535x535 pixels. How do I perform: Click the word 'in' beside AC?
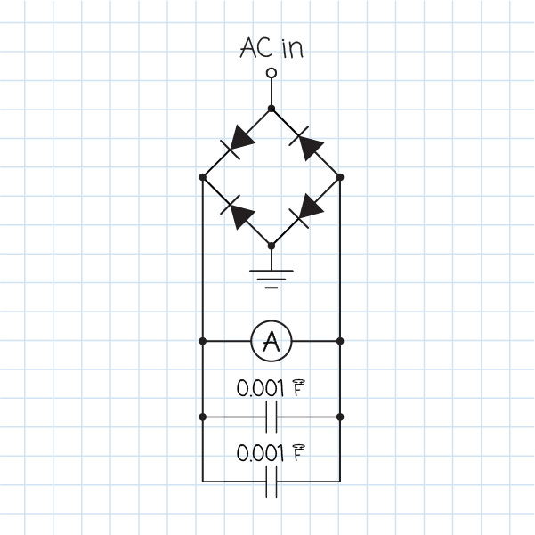point(293,48)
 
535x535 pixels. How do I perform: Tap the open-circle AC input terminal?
point(272,73)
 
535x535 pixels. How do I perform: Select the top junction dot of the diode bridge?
point(272,109)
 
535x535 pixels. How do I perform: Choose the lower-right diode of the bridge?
point(305,211)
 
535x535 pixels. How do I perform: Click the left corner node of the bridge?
point(203,177)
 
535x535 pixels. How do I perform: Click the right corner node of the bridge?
point(340,177)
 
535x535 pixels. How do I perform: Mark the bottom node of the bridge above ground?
point(272,244)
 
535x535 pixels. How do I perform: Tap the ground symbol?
point(272,278)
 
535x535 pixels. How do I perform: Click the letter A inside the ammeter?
point(272,340)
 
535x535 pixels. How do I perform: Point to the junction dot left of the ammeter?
point(203,341)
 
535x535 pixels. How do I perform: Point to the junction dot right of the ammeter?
point(340,341)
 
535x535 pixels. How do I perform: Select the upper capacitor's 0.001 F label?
point(272,389)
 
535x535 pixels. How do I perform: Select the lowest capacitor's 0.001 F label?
point(272,453)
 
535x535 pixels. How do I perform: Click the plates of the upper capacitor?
point(272,417)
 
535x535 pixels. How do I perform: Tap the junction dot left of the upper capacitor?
point(203,417)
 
